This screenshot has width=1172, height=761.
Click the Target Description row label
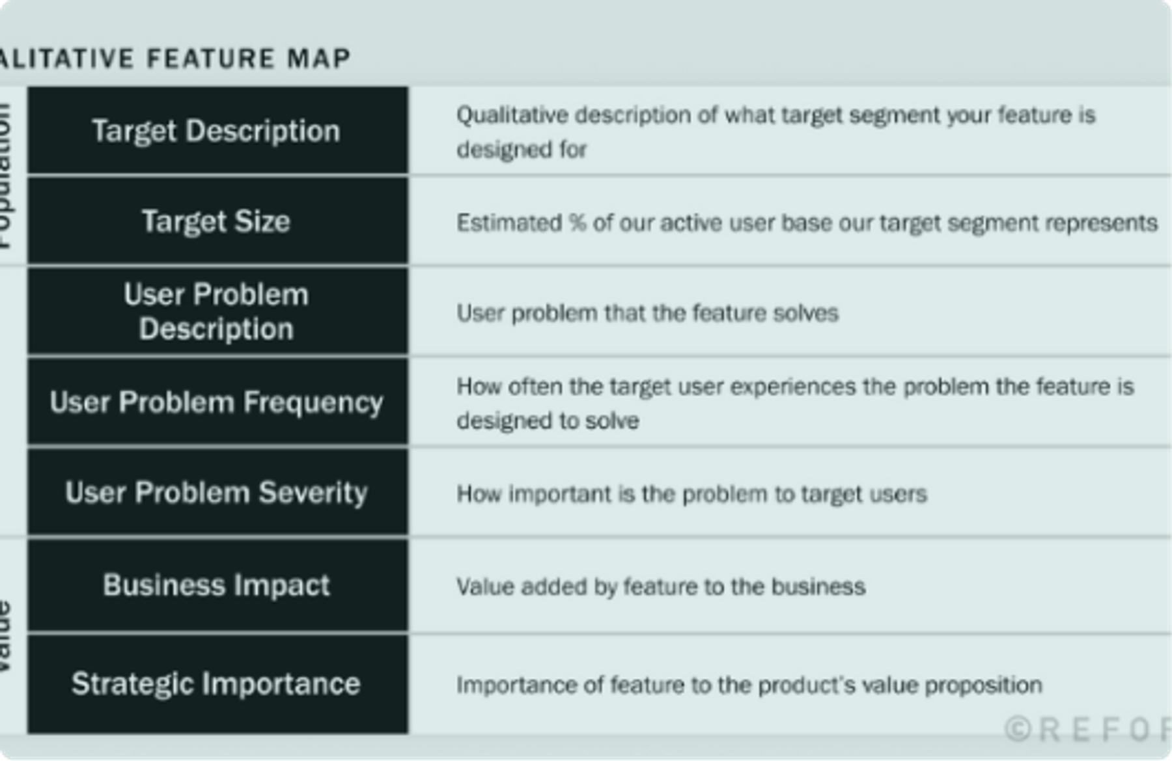pos(216,131)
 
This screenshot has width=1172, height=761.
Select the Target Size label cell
pos(216,221)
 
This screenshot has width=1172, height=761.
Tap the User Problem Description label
pos(216,311)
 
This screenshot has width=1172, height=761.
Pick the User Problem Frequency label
pos(216,402)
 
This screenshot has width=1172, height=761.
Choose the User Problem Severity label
pos(216,493)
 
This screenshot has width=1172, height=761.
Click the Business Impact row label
pos(216,585)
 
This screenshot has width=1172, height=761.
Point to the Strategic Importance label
pos(216,684)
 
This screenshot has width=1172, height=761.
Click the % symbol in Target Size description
pos(577,223)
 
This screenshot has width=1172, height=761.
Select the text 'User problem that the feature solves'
pos(647,313)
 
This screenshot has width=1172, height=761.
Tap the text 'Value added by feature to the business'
pos(661,587)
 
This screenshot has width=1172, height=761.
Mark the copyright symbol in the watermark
pos(1018,729)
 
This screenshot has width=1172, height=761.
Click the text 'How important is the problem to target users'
pos(691,494)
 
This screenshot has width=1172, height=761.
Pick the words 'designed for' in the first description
pos(522,150)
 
